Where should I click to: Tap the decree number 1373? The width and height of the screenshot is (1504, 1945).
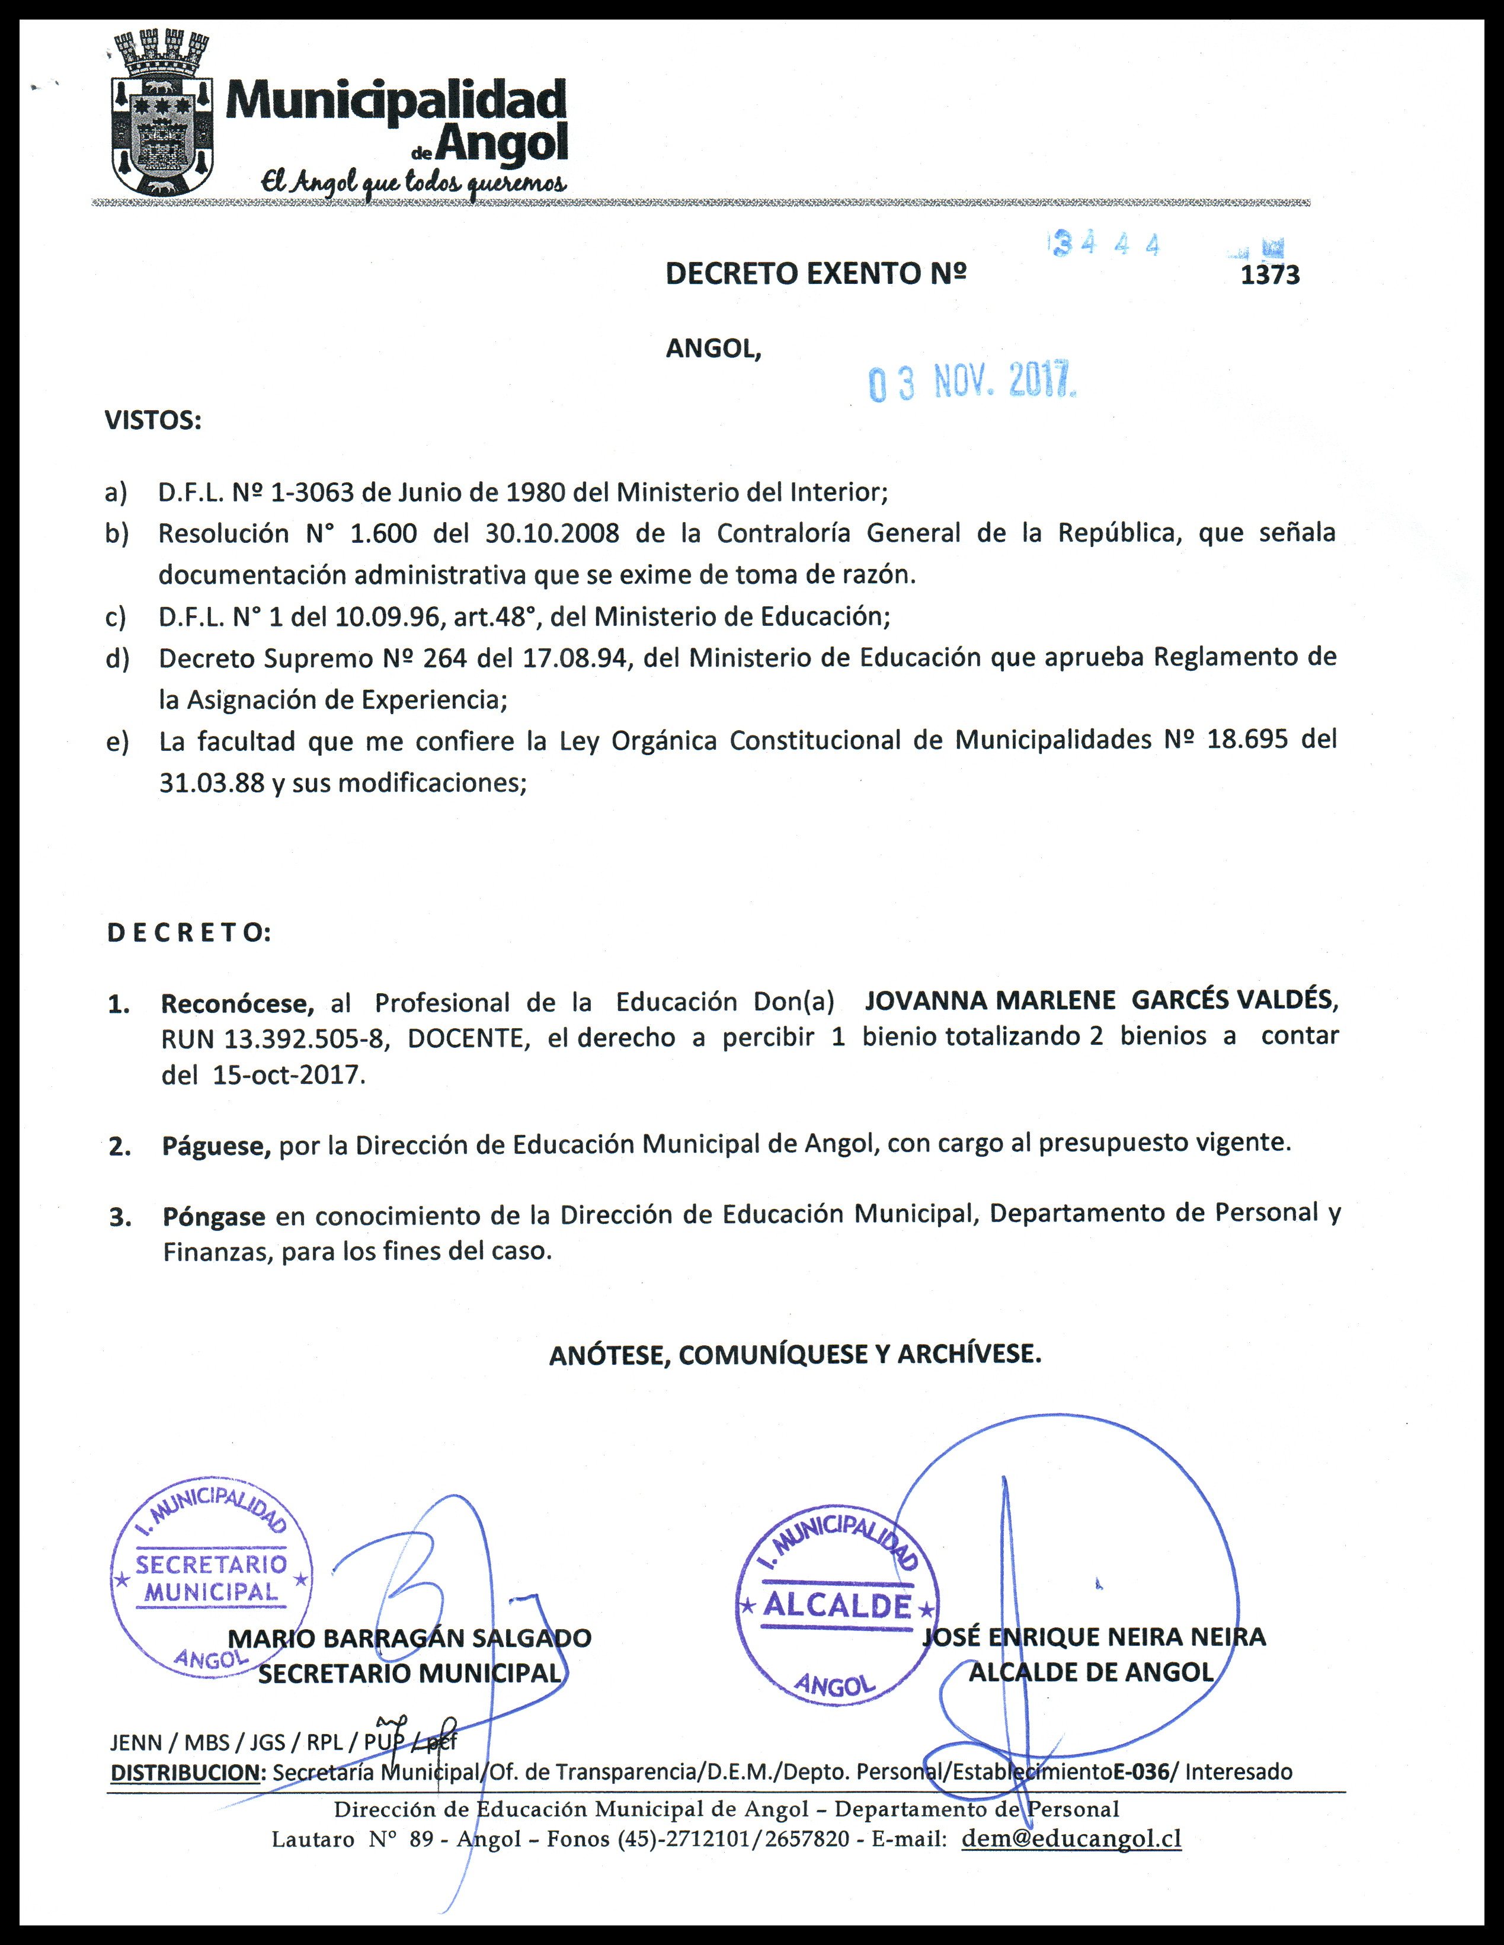(x=1270, y=275)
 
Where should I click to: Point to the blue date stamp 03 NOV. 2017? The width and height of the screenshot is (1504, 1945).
(x=972, y=383)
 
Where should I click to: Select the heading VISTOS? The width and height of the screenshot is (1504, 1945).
(x=153, y=420)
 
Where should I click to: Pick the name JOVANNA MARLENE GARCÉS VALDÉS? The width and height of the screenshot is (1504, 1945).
(x=1100, y=1000)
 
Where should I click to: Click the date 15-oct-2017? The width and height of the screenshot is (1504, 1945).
(x=289, y=1075)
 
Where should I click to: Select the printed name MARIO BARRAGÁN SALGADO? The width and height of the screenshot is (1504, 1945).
(x=409, y=1638)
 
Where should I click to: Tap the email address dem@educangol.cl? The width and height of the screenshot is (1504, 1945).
(x=1071, y=1839)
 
